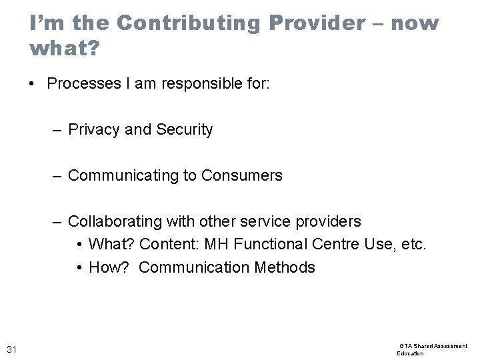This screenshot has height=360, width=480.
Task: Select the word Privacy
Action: tap(94, 130)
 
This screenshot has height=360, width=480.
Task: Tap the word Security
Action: tap(185, 130)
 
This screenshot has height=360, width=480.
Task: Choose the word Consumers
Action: tap(242, 176)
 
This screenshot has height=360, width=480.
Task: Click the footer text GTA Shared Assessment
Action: tap(433, 346)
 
